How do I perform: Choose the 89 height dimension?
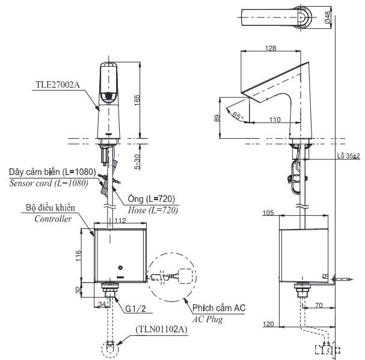(217, 118)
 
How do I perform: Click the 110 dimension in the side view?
(275, 120)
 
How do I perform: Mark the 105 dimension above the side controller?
(269, 213)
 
